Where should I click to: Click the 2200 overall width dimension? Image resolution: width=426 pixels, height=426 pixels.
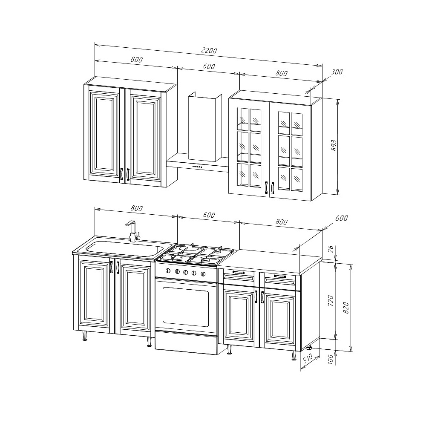[x=209, y=51]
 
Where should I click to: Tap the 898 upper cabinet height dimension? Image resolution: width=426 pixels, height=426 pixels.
[x=334, y=146]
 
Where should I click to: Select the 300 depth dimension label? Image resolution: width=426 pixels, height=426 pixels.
[x=337, y=72]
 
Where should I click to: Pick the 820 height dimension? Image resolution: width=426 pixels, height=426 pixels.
[x=346, y=307]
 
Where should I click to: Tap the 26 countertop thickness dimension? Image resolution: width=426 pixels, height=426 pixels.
[x=331, y=250]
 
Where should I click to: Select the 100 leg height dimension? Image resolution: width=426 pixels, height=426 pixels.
[x=331, y=359]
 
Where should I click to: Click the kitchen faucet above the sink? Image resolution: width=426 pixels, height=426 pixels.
[x=132, y=231]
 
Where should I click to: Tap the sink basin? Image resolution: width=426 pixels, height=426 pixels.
[x=124, y=249]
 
